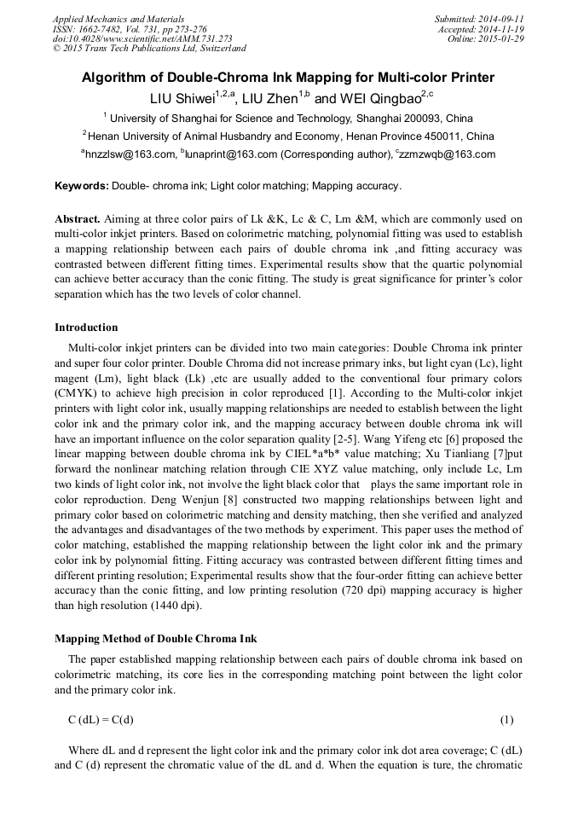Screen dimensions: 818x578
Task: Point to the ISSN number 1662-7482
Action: point(104,29)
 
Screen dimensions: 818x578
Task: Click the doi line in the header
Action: point(142,39)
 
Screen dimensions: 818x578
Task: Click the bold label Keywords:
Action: point(82,186)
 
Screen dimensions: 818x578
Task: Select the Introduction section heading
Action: point(86,328)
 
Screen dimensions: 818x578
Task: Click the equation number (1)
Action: point(506,719)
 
